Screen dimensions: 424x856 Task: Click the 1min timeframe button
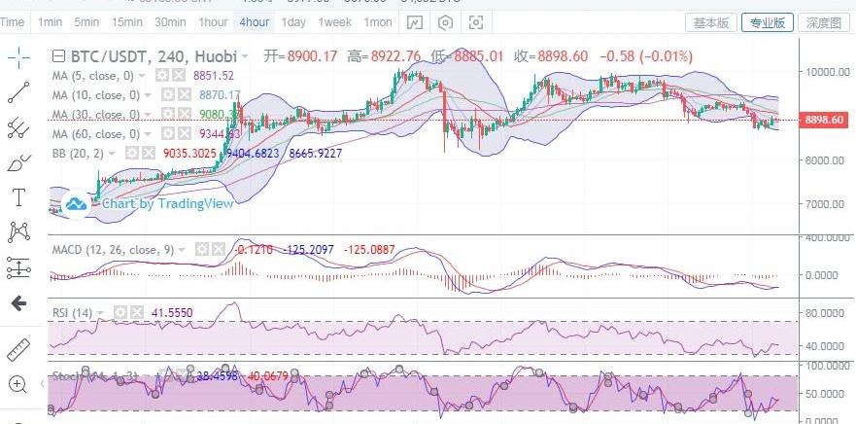click(x=50, y=21)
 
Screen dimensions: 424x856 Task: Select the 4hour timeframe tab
click(x=255, y=21)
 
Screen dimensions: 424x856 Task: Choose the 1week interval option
click(x=335, y=21)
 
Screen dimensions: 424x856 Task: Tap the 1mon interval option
click(x=378, y=21)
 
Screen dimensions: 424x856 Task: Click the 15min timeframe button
click(x=127, y=21)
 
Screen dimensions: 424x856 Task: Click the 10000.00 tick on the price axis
click(x=825, y=71)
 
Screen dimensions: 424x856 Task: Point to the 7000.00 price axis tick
click(x=825, y=204)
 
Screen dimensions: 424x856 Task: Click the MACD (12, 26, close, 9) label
click(x=113, y=250)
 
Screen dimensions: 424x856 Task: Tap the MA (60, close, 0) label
click(x=95, y=133)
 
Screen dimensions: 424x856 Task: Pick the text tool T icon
click(x=17, y=198)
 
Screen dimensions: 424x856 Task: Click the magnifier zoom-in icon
click(x=17, y=384)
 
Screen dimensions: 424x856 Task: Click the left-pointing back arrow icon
click(x=17, y=303)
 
